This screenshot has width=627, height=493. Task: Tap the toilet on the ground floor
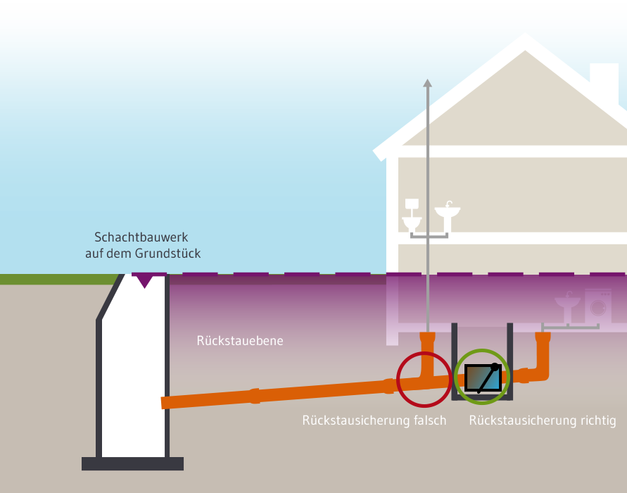(x=412, y=216)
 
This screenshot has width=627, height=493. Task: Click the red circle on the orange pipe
(x=424, y=379)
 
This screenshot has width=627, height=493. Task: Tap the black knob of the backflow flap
(x=495, y=367)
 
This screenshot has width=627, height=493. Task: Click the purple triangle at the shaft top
(x=144, y=281)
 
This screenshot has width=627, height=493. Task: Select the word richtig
(x=595, y=421)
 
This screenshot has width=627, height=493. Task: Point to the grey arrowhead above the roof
(x=427, y=84)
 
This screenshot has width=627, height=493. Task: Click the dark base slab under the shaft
(x=132, y=463)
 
